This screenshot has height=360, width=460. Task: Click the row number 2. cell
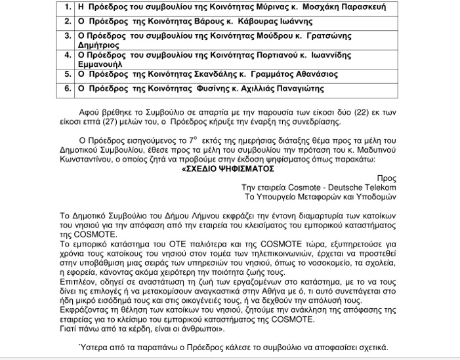pos(68,22)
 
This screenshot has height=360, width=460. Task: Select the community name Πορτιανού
pos(289,54)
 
